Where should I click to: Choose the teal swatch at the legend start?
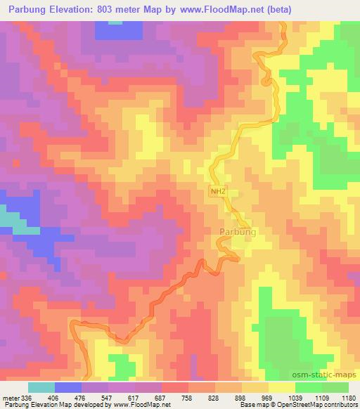pyautogui.click(x=41, y=387)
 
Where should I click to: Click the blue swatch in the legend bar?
pyautogui.click(x=68, y=387)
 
